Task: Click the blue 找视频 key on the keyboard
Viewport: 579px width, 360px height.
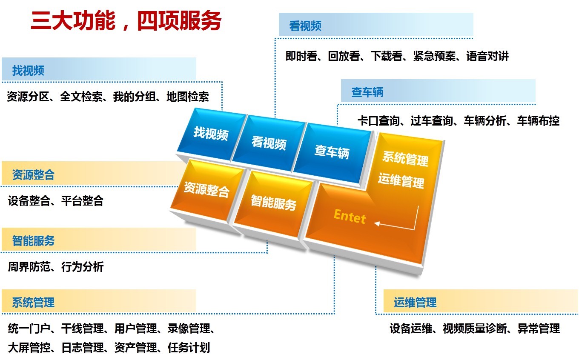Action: pos(211,133)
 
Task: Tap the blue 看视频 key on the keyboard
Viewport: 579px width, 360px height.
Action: pos(269,143)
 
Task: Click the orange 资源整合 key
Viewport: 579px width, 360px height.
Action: pos(206,189)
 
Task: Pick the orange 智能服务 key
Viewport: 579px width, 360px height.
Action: pos(273,203)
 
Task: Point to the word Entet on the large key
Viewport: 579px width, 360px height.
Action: pos(350,217)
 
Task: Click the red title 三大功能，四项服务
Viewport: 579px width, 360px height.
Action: pos(126,21)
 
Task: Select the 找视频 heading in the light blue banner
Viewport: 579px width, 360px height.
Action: pos(28,71)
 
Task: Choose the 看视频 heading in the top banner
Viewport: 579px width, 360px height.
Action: pos(305,26)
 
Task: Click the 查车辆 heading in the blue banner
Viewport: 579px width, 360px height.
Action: pos(367,92)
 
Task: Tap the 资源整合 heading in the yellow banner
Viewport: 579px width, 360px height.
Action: pos(33,175)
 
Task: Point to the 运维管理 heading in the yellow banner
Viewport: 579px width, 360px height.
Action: pos(415,303)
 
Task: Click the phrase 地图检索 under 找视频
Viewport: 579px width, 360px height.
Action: pos(188,97)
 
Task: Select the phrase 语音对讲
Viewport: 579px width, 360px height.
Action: pos(487,56)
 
